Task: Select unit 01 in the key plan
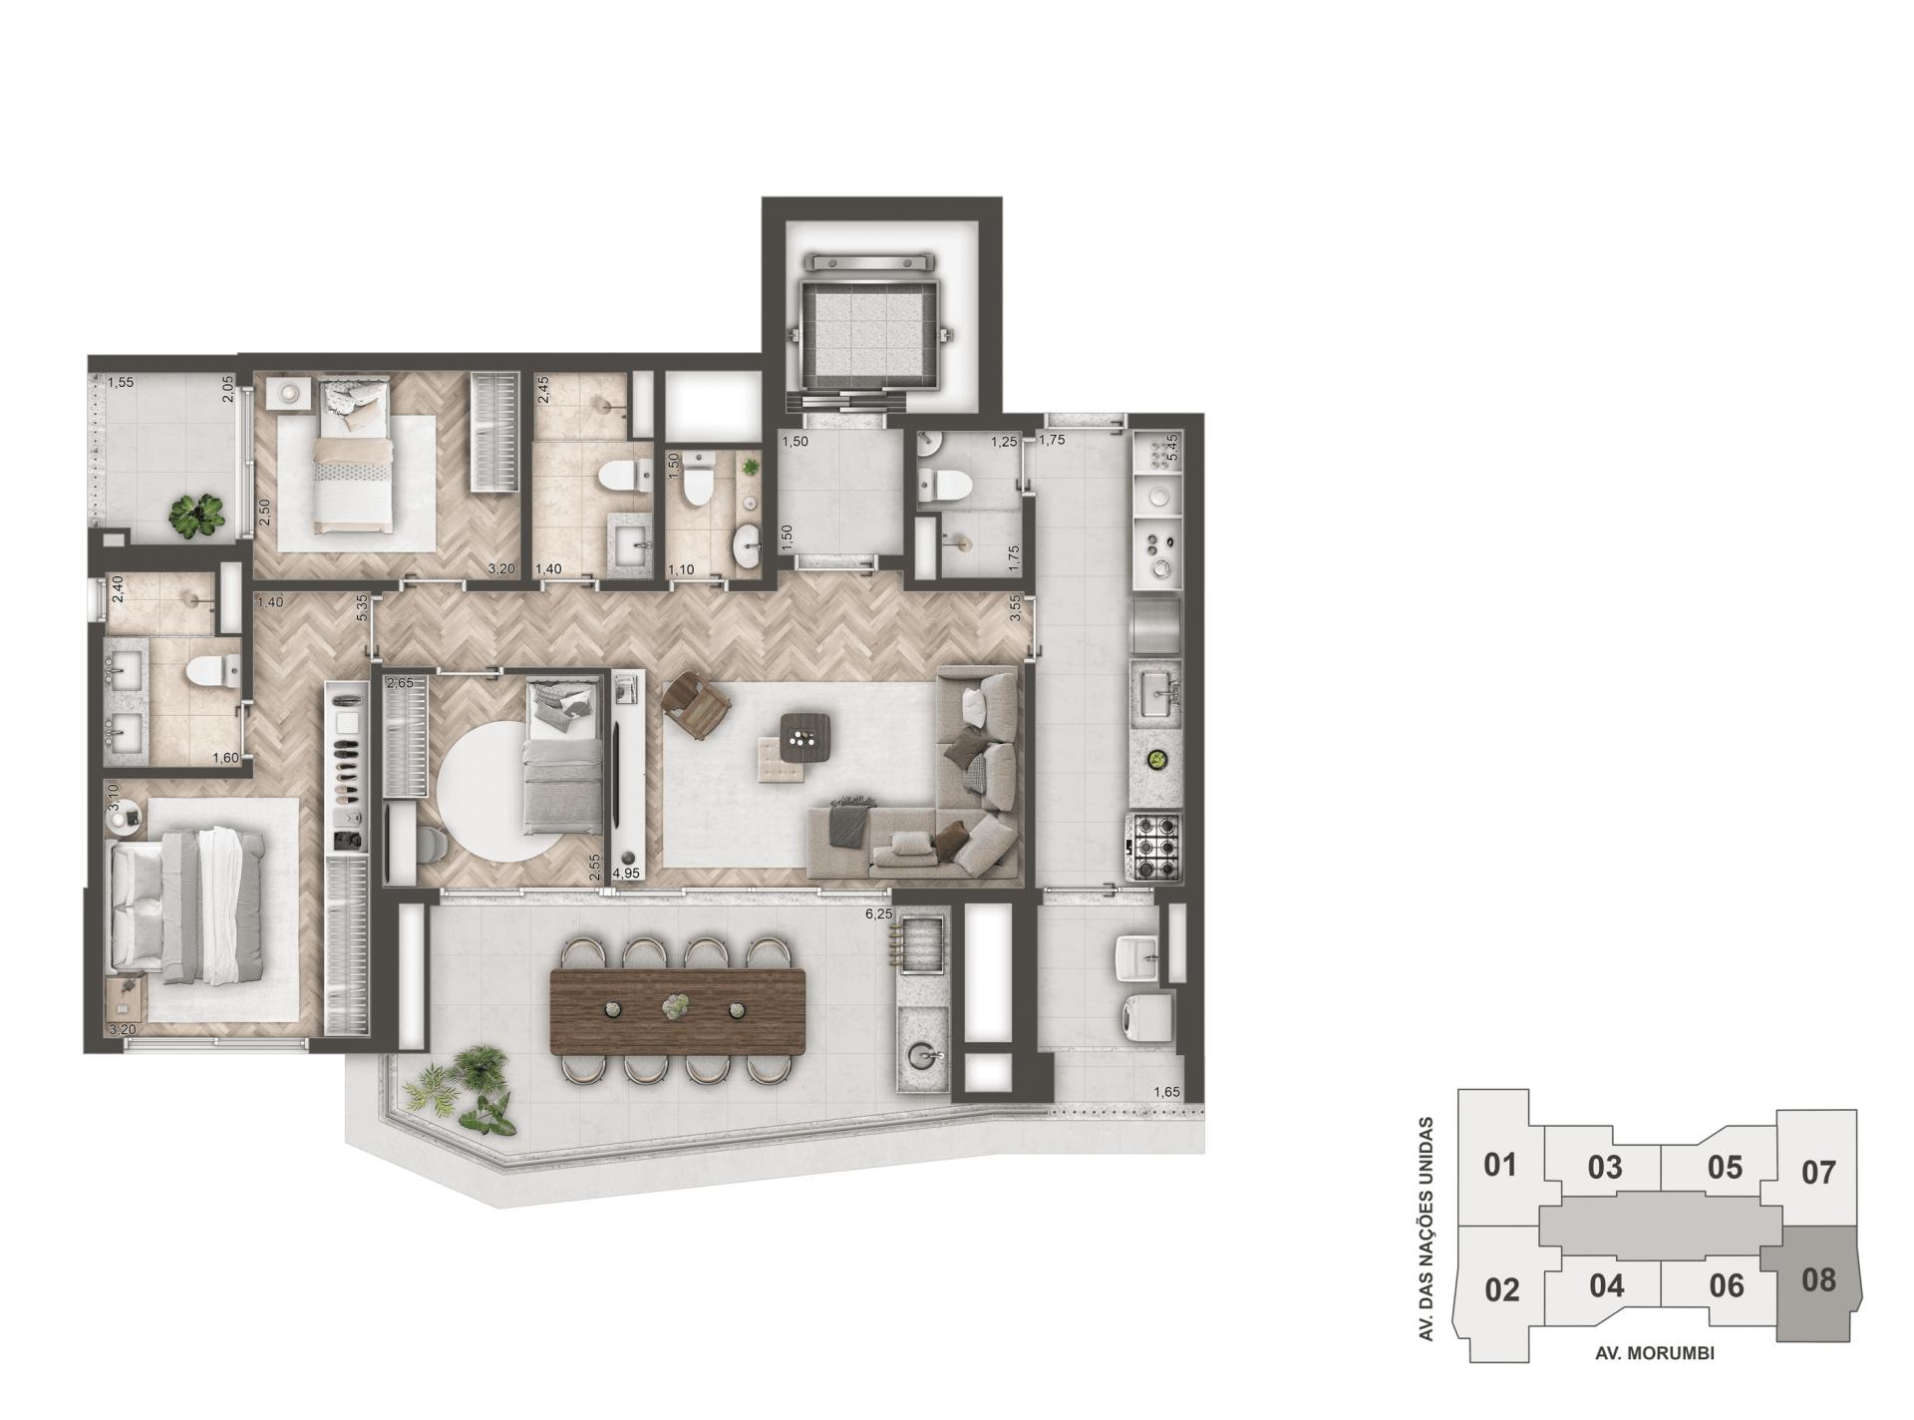tap(1499, 1165)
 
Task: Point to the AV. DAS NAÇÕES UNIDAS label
tap(1427, 1229)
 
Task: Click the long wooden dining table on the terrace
tap(677, 1010)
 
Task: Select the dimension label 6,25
tap(878, 913)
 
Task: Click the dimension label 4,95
tap(627, 873)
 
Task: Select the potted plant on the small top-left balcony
tap(196, 516)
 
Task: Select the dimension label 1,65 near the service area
tap(1166, 1092)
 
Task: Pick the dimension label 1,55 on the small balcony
tap(121, 382)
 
